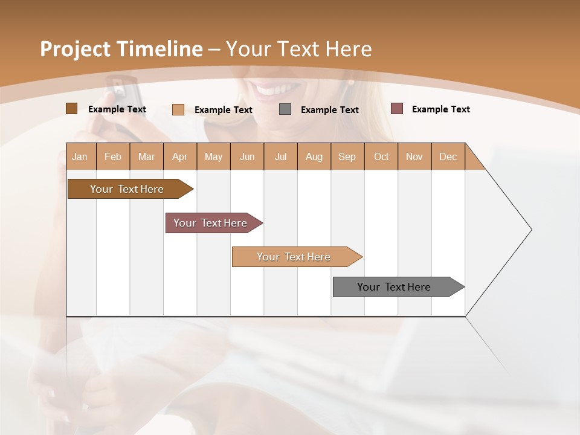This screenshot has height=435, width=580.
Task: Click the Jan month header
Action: click(80, 156)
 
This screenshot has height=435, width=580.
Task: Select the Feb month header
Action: click(113, 156)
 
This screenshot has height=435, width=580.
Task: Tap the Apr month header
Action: click(180, 156)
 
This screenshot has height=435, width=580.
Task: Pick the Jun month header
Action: click(247, 156)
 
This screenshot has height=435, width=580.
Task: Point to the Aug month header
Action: click(314, 156)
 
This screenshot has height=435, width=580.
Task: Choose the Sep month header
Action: click(347, 156)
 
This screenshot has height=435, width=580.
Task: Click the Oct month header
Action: click(381, 156)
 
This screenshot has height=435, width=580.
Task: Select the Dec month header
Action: click(448, 156)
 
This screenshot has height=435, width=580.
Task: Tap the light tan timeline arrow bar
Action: click(294, 257)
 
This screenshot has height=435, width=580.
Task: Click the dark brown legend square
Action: click(71, 109)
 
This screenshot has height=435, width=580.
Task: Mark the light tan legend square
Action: click(178, 109)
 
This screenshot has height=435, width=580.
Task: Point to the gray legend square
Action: click(285, 109)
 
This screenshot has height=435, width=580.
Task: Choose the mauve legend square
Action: click(396, 109)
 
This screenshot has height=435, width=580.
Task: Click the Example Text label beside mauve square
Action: click(440, 109)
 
